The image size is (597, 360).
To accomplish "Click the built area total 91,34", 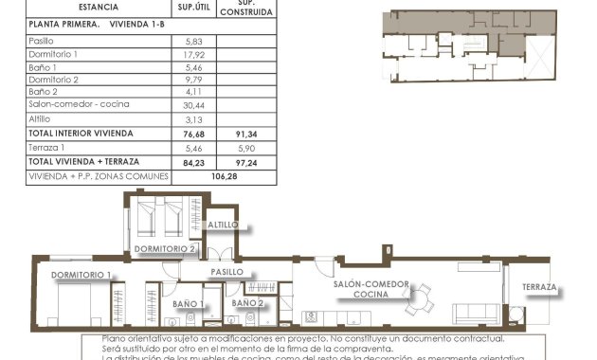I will tap(247, 134).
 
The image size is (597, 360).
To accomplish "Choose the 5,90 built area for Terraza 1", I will tap(246, 148).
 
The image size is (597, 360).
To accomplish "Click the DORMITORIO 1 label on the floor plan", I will tap(81, 275).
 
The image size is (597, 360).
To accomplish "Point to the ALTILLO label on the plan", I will tap(224, 225).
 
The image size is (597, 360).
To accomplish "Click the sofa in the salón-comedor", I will tap(476, 314).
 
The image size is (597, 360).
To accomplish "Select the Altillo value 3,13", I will tap(186, 119).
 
